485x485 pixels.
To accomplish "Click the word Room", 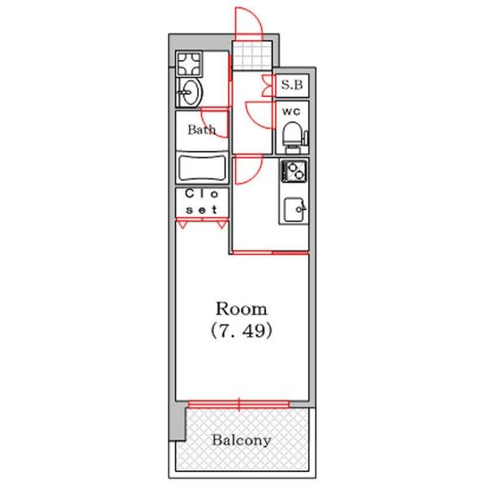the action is (241, 309).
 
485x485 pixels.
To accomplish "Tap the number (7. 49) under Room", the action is (241, 331).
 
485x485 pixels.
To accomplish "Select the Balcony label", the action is (242, 441).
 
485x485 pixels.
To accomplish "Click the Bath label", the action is (201, 129).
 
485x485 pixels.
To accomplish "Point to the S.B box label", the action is (292, 85).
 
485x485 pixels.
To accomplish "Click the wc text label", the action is (291, 112).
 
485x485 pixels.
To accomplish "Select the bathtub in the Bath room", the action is (202, 168).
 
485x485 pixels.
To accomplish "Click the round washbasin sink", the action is (189, 92).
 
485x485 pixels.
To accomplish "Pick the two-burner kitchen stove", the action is (294, 171).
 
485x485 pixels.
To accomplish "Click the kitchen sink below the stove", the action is (294, 209).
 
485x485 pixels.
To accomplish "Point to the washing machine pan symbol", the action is (189, 64).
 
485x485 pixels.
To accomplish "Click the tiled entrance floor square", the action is (252, 56).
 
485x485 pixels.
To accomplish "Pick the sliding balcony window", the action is (238, 404).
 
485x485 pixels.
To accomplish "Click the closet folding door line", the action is (202, 220).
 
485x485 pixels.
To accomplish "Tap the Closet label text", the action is (202, 201).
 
